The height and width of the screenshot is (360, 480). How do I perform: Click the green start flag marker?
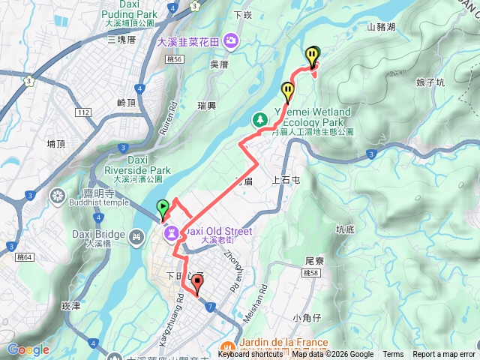[x=162, y=208]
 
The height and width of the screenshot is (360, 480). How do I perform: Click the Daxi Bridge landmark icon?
[x=136, y=238]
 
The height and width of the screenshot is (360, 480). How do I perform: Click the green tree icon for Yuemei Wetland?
[x=260, y=119]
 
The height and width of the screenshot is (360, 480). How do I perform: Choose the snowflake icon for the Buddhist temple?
[x=58, y=196]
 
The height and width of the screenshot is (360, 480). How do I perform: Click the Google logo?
[x=28, y=349]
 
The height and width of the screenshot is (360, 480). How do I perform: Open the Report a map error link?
[x=443, y=355]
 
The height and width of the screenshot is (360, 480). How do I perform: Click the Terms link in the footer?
[x=392, y=355]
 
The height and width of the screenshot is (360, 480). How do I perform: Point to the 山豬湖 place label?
[x=382, y=26]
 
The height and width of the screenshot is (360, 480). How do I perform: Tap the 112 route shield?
[x=83, y=112]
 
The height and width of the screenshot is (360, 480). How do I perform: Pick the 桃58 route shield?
[x=312, y=273]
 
